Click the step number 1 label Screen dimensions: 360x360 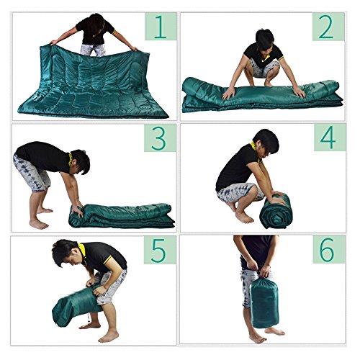pyautogui.click(x=161, y=27)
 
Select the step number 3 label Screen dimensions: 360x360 pyautogui.click(x=160, y=138)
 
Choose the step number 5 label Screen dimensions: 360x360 pyautogui.click(x=160, y=250)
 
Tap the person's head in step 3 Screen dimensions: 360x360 pyautogui.click(x=80, y=162)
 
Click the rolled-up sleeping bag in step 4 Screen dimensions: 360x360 pyautogui.click(x=276, y=212)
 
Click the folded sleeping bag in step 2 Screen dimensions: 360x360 pyautogui.click(x=262, y=95)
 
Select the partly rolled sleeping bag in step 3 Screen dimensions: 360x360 pyautogui.click(x=122, y=215)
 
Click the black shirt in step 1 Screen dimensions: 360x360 pyautogui.click(x=94, y=31)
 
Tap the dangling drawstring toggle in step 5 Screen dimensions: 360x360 pyautogui.click(x=89, y=320)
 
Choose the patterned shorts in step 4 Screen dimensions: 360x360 pyautogui.click(x=240, y=192)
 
